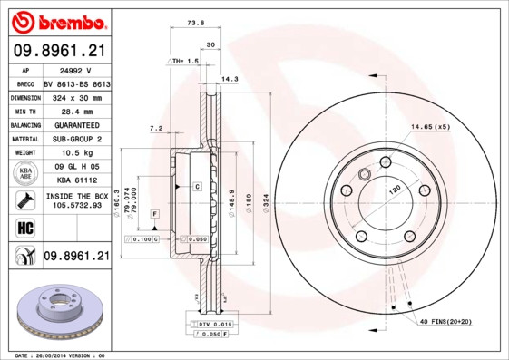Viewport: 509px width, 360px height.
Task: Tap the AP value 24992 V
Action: [x=76, y=69]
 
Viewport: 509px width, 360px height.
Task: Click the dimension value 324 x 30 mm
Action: [x=76, y=96]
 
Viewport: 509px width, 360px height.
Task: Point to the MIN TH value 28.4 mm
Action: [x=76, y=110]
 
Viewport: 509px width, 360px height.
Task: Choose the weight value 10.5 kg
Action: [x=76, y=153]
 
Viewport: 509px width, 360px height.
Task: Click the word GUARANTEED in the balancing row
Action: [x=76, y=124]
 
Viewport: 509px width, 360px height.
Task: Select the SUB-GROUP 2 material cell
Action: [x=76, y=139]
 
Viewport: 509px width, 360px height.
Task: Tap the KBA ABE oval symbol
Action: [x=26, y=173]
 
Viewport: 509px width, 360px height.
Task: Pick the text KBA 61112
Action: [x=76, y=180]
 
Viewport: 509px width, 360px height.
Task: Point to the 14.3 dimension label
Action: [x=230, y=79]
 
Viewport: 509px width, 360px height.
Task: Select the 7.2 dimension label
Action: [x=155, y=129]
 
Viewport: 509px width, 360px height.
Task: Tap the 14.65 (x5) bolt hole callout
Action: [x=429, y=126]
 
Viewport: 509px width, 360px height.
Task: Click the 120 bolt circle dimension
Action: [x=396, y=193]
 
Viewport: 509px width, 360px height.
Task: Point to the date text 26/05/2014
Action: [x=56, y=355]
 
